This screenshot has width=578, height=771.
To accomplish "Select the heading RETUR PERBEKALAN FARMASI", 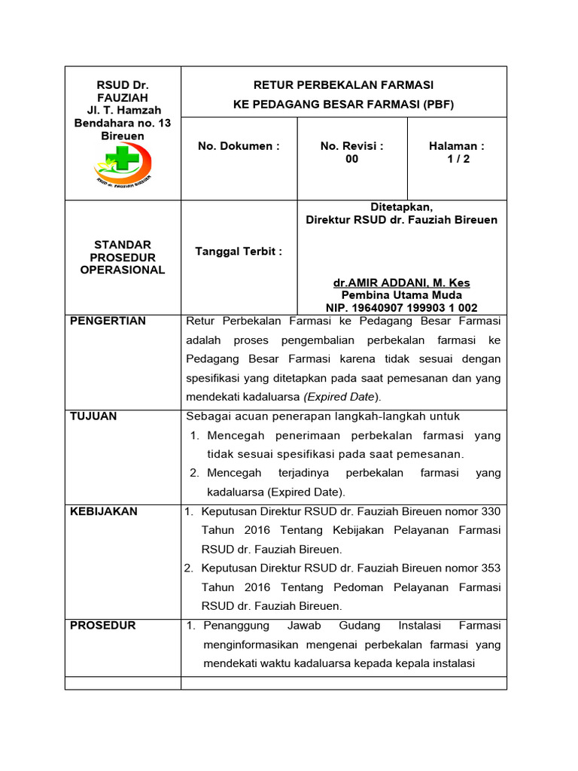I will tap(343, 84).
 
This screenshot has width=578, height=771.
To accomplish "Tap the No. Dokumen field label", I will tap(239, 146).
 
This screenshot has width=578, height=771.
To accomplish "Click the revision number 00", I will tap(351, 159).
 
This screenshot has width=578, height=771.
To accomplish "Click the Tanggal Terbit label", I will tap(239, 251).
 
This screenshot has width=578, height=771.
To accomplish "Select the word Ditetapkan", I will tap(401, 207).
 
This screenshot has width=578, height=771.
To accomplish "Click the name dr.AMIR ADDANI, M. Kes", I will tap(401, 283).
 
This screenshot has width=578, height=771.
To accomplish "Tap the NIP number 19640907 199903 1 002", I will tap(420, 308).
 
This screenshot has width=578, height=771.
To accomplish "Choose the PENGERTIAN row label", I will tap(108, 321).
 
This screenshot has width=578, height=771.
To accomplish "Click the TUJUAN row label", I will tap(93, 416).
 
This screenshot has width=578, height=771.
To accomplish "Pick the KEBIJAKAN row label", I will tap(104, 511).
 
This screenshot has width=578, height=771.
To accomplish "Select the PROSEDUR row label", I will tap(103, 626).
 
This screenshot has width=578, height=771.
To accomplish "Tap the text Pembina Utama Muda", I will tap(401, 295).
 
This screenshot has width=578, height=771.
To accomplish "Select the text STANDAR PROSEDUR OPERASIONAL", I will tap(123, 258).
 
